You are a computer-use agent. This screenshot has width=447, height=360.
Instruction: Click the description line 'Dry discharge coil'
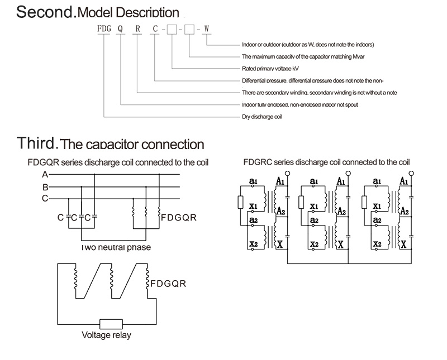pos(261,117)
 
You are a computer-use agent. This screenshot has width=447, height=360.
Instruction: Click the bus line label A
pos(44,174)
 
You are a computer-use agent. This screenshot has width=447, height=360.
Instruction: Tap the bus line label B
pos(44,187)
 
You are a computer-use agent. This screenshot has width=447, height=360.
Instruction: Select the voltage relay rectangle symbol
pos(111,324)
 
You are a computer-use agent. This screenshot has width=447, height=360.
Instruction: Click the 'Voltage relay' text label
pos(107,336)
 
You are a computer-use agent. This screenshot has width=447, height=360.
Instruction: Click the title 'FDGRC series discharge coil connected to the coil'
pos(326,162)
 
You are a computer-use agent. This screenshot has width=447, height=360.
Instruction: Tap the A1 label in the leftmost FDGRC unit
pos(280,181)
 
